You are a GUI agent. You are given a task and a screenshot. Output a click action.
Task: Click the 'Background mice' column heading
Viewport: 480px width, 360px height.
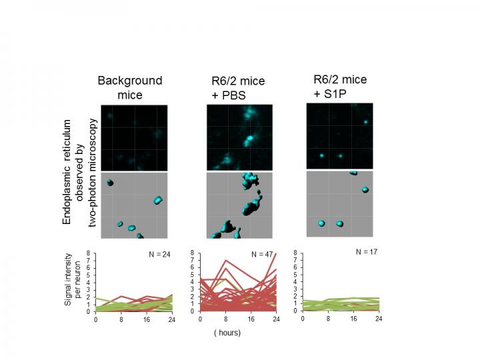(129, 87)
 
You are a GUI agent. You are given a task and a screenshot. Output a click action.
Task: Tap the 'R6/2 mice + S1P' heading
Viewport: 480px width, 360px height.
(339, 87)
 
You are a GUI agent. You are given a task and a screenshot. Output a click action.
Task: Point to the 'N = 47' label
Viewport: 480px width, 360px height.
(262, 255)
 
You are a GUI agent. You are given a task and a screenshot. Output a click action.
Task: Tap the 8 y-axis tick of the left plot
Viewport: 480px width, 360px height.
(89, 253)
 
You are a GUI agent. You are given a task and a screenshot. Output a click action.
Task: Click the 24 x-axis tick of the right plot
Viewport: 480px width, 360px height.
(379, 318)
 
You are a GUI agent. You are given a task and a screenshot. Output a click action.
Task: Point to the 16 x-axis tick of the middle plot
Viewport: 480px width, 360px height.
(252, 319)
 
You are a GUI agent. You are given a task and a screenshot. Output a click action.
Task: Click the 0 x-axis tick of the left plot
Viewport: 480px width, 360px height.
(95, 319)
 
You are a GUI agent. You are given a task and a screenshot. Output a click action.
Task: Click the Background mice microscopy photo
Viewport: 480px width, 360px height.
(129, 137)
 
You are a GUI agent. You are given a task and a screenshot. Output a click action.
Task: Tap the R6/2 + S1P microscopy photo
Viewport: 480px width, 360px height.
(339, 135)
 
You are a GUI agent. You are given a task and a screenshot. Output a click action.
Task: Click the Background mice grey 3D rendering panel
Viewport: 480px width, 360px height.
(129, 205)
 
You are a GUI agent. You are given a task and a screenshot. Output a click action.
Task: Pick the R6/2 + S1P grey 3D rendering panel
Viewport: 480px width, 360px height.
(339, 203)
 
